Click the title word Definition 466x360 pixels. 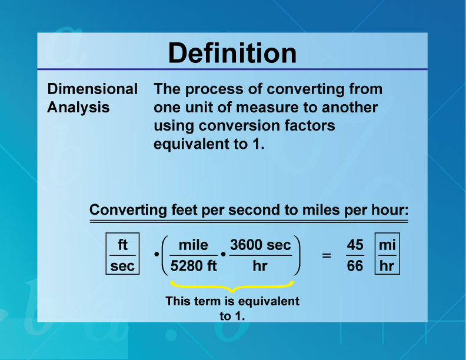[232, 54]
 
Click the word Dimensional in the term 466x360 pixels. [92, 89]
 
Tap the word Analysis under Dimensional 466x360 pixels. [78, 108]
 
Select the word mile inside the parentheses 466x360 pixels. [194, 245]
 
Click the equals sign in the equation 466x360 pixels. [327, 256]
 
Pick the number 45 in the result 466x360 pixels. [355, 245]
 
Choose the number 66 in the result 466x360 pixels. [355, 266]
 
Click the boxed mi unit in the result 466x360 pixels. [387, 245]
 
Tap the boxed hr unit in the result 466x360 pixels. [387, 266]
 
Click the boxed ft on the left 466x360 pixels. [122, 245]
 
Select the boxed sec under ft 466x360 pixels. [122, 266]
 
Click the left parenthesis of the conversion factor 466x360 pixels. [164, 255]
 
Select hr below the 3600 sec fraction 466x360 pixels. [259, 266]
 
